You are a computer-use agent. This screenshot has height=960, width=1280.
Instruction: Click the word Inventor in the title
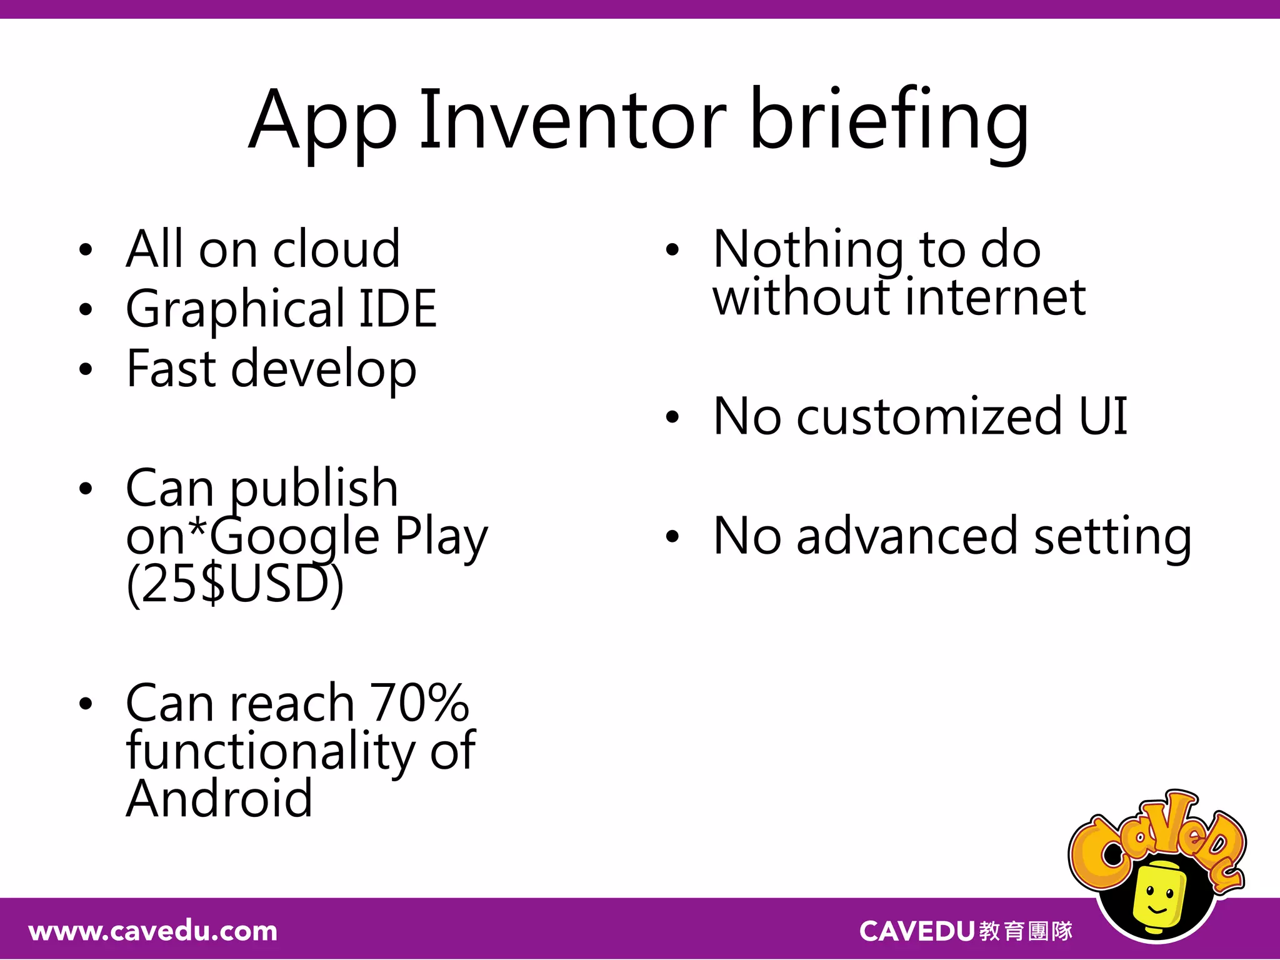pyautogui.click(x=572, y=120)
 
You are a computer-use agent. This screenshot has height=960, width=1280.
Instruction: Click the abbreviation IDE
pyautogui.click(x=397, y=309)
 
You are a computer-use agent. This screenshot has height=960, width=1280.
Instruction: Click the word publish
pyautogui.click(x=314, y=489)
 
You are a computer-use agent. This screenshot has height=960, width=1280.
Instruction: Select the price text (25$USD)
pyautogui.click(x=235, y=584)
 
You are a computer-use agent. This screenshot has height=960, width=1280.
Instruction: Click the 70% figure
pyautogui.click(x=419, y=703)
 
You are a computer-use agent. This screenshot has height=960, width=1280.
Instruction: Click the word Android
pyautogui.click(x=219, y=799)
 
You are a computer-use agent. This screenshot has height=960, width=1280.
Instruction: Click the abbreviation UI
pyautogui.click(x=1103, y=416)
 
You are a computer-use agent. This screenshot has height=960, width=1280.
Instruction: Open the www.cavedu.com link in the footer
pyautogui.click(x=153, y=931)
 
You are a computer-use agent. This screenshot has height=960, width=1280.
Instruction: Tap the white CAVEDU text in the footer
pyautogui.click(x=917, y=931)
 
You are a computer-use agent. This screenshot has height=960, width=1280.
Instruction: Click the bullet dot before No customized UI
pyautogui.click(x=672, y=417)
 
